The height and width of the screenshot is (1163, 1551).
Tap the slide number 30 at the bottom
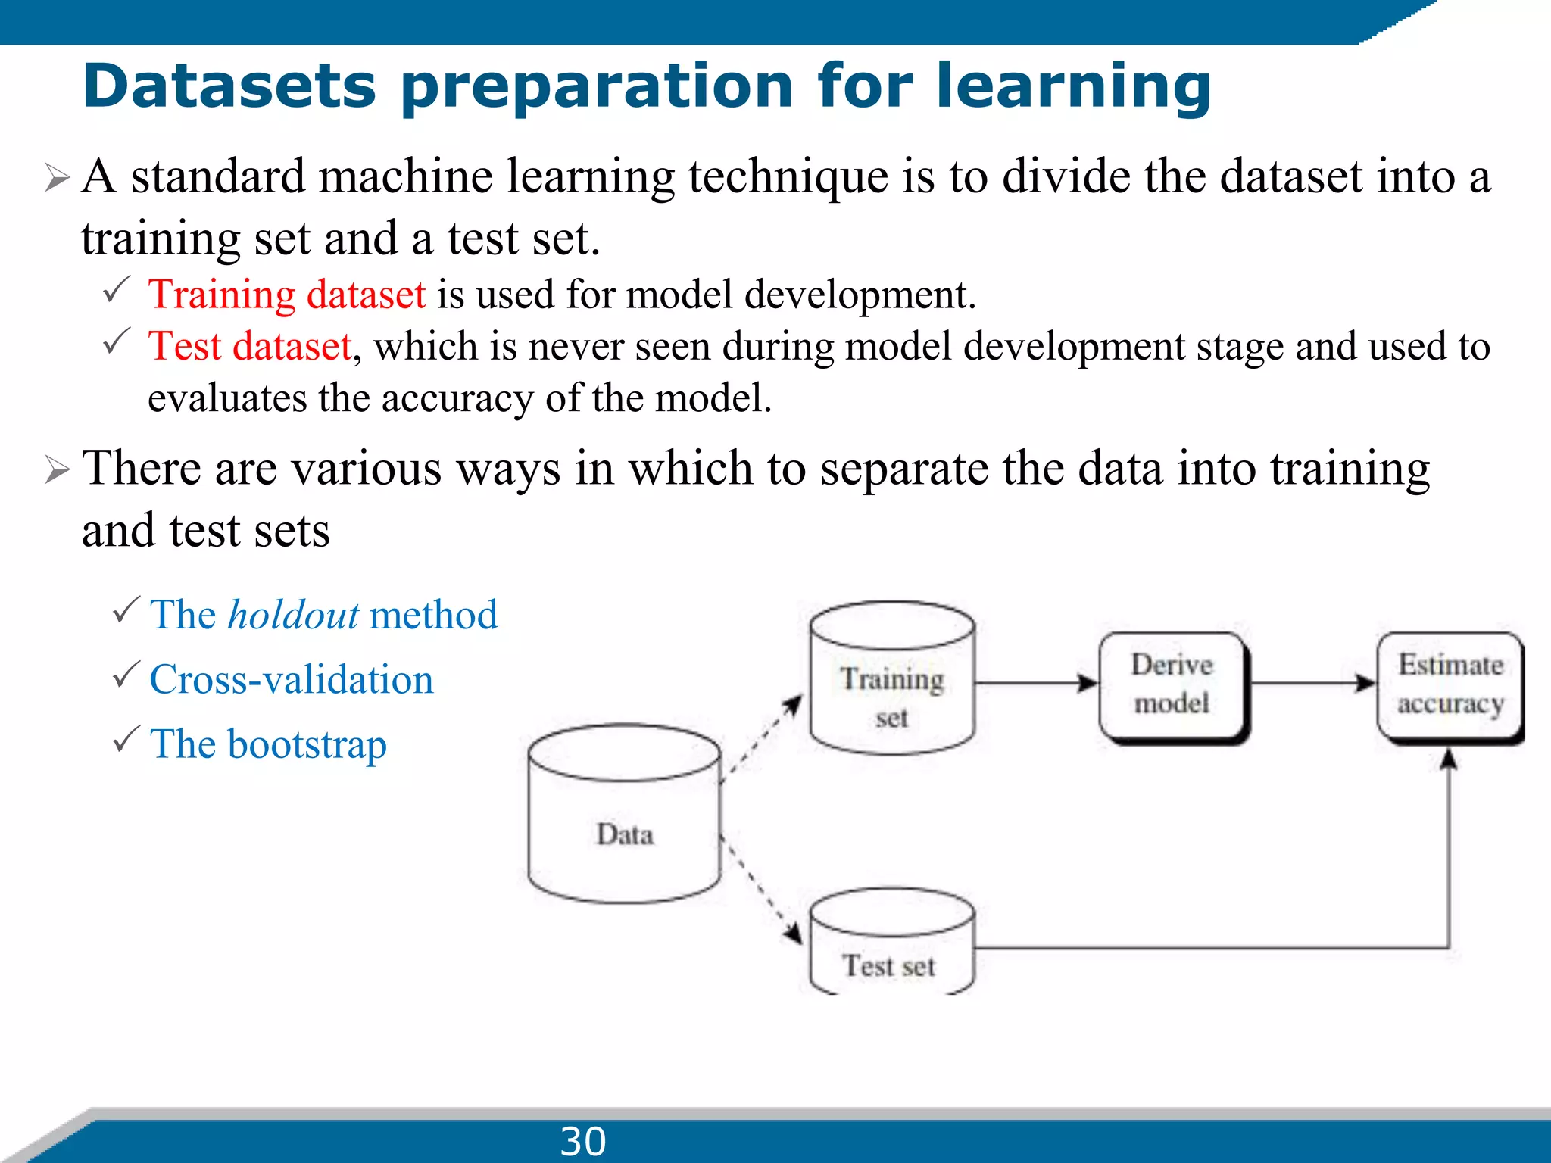click(582, 1141)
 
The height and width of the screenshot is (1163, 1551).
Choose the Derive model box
click(1172, 685)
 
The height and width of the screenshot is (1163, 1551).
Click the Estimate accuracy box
click(1450, 685)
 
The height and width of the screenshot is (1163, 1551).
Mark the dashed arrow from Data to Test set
click(761, 889)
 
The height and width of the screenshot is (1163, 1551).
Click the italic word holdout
click(293, 615)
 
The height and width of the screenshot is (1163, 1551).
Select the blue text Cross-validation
click(292, 679)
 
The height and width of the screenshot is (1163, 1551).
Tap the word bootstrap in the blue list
click(307, 744)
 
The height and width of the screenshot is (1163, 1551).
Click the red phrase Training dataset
click(286, 294)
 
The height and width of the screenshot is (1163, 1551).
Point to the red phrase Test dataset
click(250, 346)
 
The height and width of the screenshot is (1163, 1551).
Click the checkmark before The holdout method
click(126, 610)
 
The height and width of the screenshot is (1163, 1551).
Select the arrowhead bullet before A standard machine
click(57, 178)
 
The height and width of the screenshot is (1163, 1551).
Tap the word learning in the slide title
click(1073, 86)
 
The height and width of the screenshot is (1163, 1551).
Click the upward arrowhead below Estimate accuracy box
click(1448, 759)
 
